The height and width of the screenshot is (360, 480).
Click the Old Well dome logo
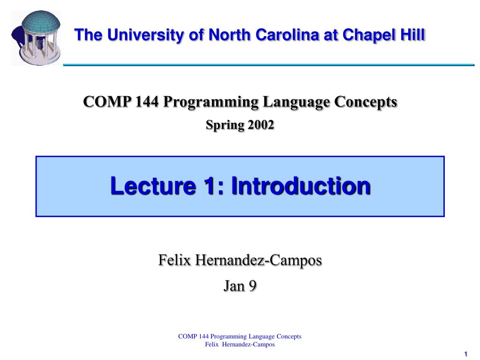coord(36,37)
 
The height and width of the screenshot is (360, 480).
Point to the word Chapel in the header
coord(373,35)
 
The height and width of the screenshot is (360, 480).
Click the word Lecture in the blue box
coord(153,186)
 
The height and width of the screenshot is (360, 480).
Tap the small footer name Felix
coord(212,345)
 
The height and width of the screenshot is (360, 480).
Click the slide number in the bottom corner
coord(466,354)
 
